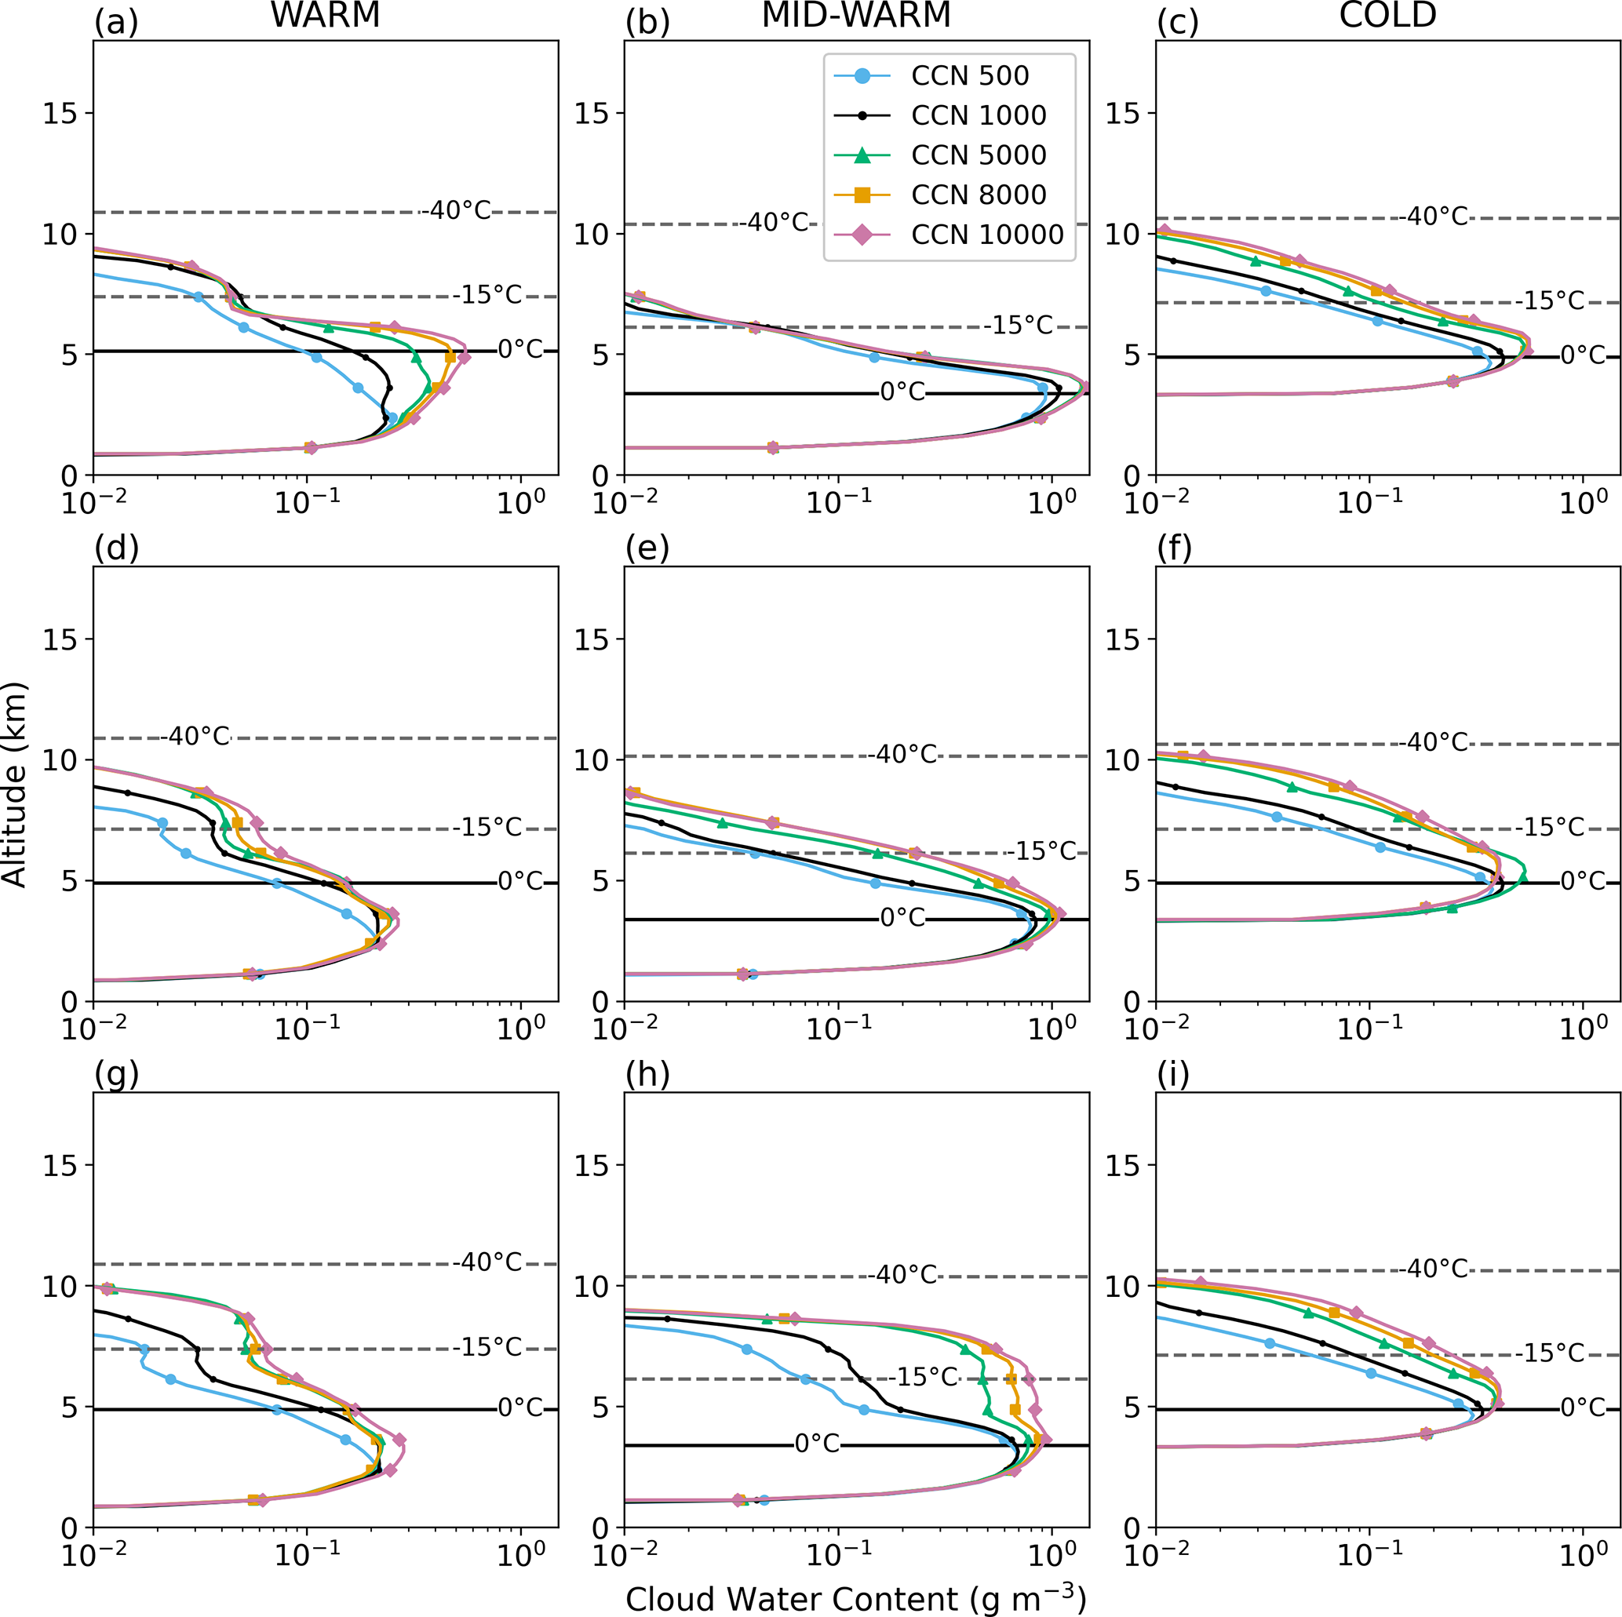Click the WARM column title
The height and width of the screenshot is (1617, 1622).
pos(325,15)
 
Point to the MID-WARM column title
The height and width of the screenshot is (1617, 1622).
pos(855,15)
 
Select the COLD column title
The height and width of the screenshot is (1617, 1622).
pos(1388,15)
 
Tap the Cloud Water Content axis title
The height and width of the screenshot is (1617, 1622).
pos(855,1598)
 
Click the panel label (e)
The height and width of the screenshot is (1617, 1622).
pos(647,548)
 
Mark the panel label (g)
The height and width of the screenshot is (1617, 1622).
pos(117,1074)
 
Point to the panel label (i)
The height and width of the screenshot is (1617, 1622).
pos(1173,1074)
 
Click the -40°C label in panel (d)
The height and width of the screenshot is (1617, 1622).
pos(195,736)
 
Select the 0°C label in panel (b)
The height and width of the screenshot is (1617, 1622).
pos(902,392)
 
